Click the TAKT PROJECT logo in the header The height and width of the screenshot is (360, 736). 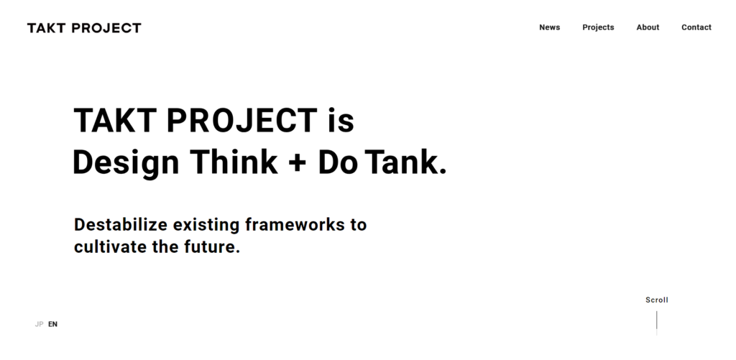[84, 28]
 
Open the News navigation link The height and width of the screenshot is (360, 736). [549, 27]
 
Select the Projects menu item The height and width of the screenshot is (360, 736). [598, 28]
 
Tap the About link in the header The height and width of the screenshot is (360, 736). [648, 27]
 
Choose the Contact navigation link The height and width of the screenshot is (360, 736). [696, 27]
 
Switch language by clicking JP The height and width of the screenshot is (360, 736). [39, 324]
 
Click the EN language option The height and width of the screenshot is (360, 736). [52, 324]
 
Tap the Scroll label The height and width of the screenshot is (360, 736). [657, 300]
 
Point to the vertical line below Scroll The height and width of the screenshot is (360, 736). [657, 323]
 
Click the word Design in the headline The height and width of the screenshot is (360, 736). [126, 163]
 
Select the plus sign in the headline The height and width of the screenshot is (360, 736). [297, 163]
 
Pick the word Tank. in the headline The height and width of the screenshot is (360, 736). [405, 162]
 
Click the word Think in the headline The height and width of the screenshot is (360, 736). [234, 162]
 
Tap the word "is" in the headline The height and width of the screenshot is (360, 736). [341, 121]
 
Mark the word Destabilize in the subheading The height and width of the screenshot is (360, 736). [121, 224]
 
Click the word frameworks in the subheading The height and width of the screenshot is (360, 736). [295, 224]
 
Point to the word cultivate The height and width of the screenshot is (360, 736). [110, 246]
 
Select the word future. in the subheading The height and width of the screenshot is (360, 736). [212, 246]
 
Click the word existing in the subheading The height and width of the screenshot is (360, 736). [206, 226]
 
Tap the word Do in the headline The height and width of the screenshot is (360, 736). [338, 162]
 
